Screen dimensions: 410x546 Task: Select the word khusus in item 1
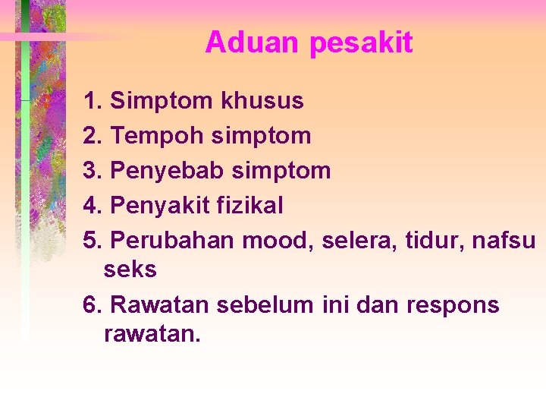pos(262,100)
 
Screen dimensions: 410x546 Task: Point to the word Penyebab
pos(167,171)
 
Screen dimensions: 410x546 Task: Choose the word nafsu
pos(504,241)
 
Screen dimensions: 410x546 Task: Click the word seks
pos(130,270)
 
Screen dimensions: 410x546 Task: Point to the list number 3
pos(93,171)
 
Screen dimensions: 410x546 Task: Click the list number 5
pos(93,241)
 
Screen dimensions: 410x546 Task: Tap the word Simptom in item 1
pos(162,101)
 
